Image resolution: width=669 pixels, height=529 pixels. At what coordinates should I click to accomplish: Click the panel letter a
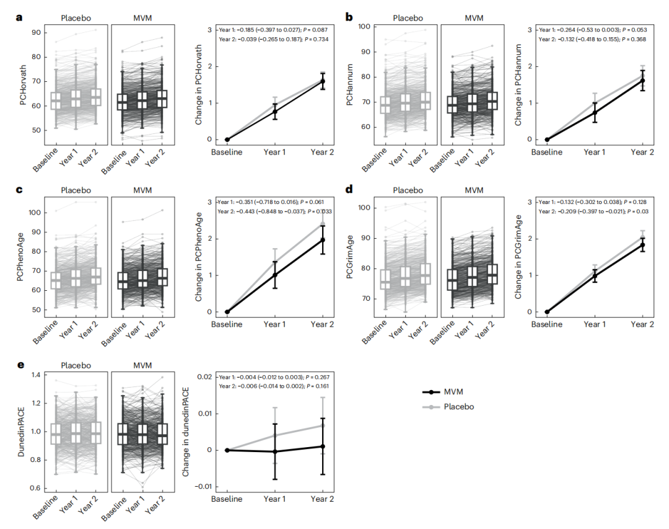tap(19, 17)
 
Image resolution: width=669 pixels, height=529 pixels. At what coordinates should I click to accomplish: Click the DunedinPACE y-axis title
tap(23, 429)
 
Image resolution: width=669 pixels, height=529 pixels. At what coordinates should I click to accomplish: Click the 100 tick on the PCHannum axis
tap(364, 27)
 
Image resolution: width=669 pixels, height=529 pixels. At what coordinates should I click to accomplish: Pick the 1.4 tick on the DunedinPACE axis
tap(37, 375)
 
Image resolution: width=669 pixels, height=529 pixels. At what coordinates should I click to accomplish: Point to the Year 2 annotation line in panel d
tap(590, 211)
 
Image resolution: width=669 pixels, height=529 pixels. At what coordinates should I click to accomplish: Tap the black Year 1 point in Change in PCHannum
tap(595, 113)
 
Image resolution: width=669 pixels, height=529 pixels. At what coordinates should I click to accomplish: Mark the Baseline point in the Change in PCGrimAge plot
tap(547, 312)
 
